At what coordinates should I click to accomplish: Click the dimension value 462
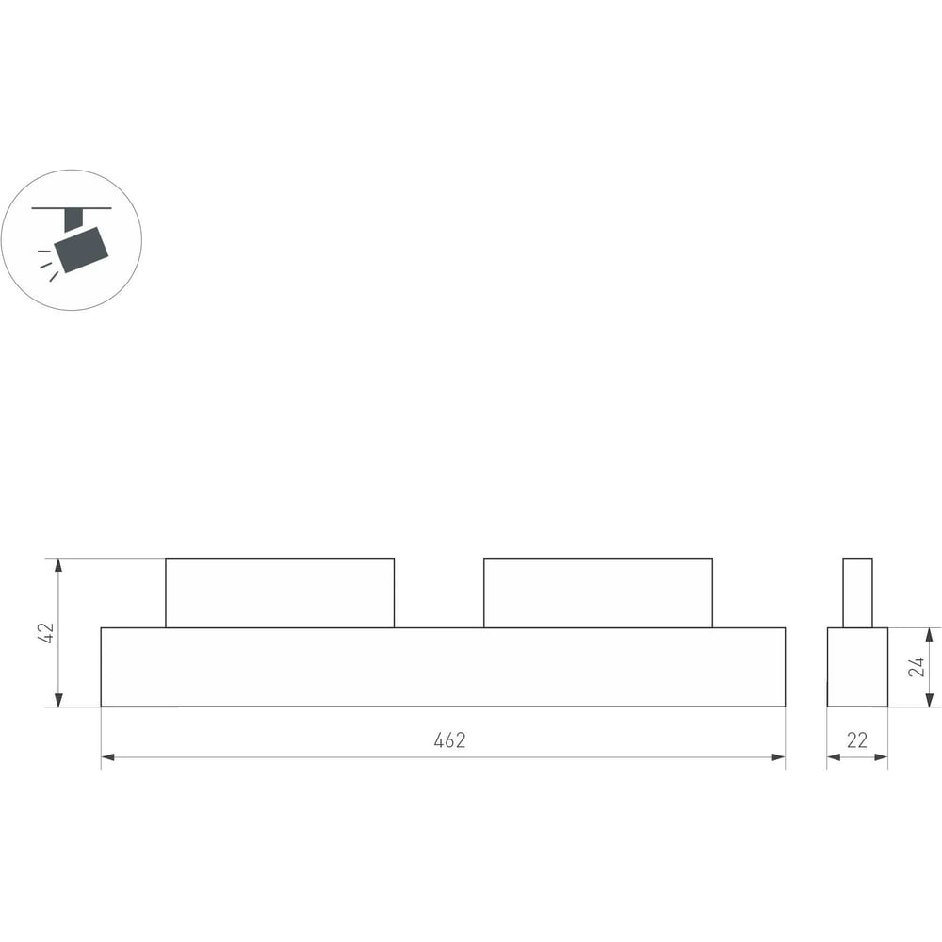click(x=449, y=740)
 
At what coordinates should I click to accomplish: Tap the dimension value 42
click(x=45, y=633)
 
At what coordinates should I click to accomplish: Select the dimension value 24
click(x=917, y=667)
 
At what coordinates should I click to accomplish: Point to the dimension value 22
click(x=856, y=740)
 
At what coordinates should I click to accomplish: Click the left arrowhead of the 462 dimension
click(x=107, y=757)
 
